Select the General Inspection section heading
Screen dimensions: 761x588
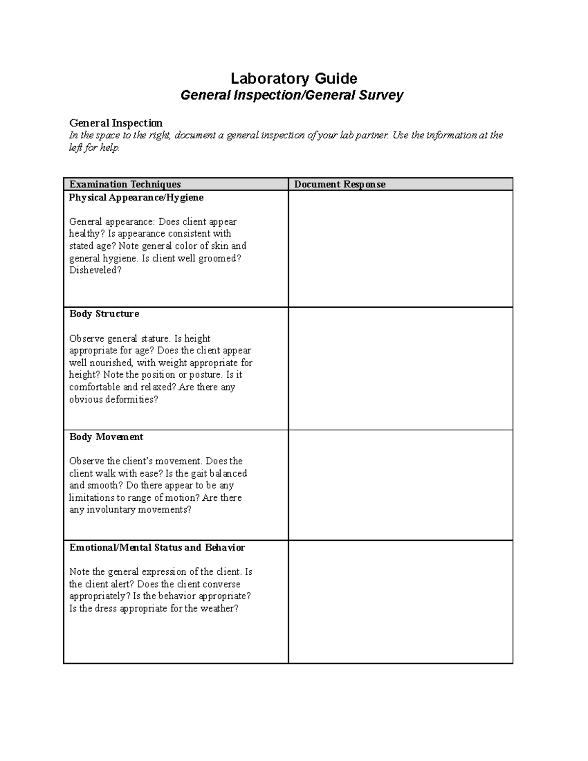(x=116, y=123)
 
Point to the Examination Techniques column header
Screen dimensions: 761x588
(x=125, y=184)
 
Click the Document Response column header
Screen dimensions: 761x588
(x=340, y=184)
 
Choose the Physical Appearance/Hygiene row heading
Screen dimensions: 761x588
(x=136, y=197)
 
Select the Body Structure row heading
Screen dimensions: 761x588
(x=104, y=314)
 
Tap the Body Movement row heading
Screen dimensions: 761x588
(x=106, y=437)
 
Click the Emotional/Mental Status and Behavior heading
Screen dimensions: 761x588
(x=157, y=547)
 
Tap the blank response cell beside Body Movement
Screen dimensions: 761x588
(x=400, y=485)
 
